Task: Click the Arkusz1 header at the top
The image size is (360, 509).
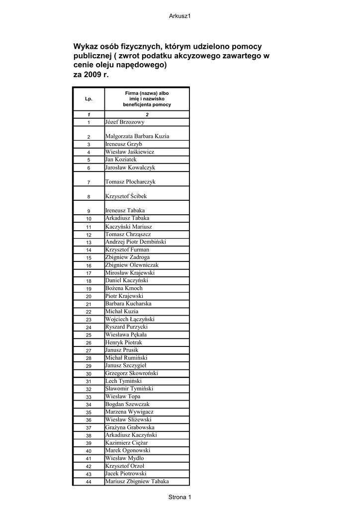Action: [180, 16]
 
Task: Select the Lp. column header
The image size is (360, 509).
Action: [89, 99]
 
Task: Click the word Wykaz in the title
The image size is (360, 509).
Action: [86, 46]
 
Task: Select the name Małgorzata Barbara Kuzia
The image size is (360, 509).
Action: [137, 136]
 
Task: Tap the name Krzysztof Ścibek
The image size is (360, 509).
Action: [126, 196]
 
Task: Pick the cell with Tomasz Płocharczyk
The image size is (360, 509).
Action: [130, 182]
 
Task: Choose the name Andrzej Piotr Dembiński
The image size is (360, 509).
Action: [136, 242]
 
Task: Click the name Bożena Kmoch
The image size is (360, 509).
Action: [124, 288]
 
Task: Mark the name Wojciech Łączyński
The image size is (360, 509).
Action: [130, 319]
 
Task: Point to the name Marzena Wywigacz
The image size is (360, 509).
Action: [129, 412]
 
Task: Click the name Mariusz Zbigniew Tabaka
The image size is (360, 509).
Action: [137, 481]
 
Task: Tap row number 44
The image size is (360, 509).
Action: [89, 482]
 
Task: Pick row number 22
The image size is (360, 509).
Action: [89, 312]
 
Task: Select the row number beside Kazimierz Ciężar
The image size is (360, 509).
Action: [89, 443]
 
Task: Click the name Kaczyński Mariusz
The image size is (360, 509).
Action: [129, 227]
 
